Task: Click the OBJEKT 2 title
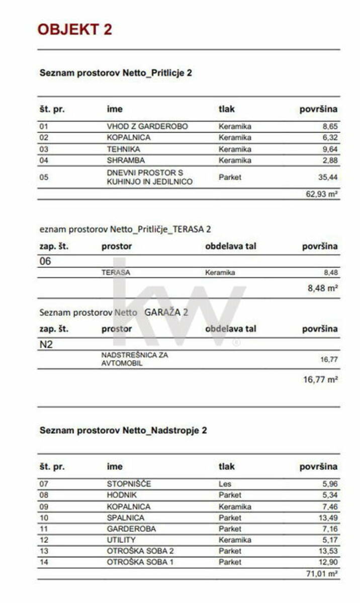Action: click(74, 29)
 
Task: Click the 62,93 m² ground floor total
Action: click(322, 194)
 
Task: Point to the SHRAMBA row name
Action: click(126, 160)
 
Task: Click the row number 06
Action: click(45, 261)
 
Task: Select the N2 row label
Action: click(45, 345)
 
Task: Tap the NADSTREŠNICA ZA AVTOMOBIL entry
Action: click(135, 359)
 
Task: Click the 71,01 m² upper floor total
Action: click(322, 573)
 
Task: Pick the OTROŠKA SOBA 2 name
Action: click(140, 551)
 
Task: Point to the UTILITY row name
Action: click(121, 540)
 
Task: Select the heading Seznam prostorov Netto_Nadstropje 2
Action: click(123, 431)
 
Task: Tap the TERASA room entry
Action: click(114, 272)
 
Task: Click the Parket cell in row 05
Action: click(230, 177)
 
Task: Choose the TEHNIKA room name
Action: click(123, 149)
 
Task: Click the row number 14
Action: click(44, 562)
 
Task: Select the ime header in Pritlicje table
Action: click(115, 109)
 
